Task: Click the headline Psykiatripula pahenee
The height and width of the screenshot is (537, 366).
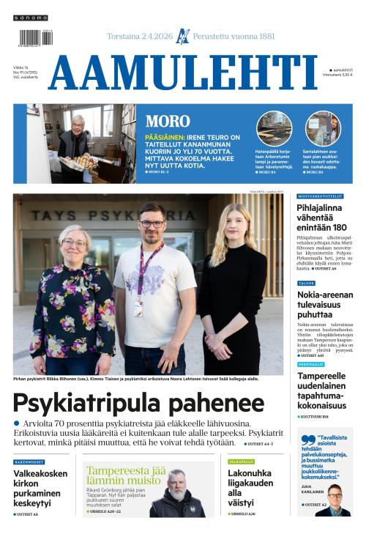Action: tap(138, 403)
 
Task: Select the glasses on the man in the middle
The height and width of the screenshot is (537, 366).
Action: tap(152, 223)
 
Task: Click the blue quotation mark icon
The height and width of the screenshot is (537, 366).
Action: tap(306, 441)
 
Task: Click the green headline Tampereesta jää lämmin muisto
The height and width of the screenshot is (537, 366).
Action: tap(126, 476)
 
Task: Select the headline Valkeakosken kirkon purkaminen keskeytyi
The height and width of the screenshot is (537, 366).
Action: tap(40, 488)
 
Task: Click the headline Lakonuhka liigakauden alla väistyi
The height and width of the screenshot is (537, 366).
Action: tap(249, 488)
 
